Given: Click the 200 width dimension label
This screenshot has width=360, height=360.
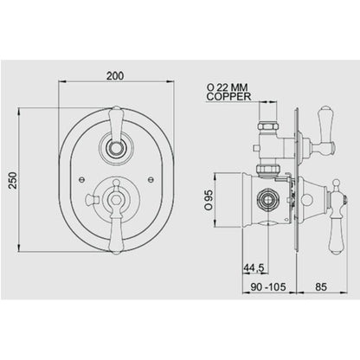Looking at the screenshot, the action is (x=115, y=76).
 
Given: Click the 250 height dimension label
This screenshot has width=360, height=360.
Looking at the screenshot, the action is (x=13, y=180).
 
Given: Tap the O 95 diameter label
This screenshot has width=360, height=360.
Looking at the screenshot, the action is (x=209, y=200).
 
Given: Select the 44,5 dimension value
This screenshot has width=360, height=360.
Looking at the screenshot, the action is (x=254, y=268).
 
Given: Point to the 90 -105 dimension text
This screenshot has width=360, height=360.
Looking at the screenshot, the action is (x=268, y=286).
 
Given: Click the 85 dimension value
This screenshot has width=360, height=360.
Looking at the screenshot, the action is (x=321, y=286).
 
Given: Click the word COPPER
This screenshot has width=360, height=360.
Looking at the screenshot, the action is (x=228, y=97).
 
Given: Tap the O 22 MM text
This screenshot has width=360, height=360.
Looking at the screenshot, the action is (x=227, y=87).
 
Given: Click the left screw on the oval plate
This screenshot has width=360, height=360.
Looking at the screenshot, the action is (x=81, y=179).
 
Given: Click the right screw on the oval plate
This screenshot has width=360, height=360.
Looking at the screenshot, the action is (x=151, y=179).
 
